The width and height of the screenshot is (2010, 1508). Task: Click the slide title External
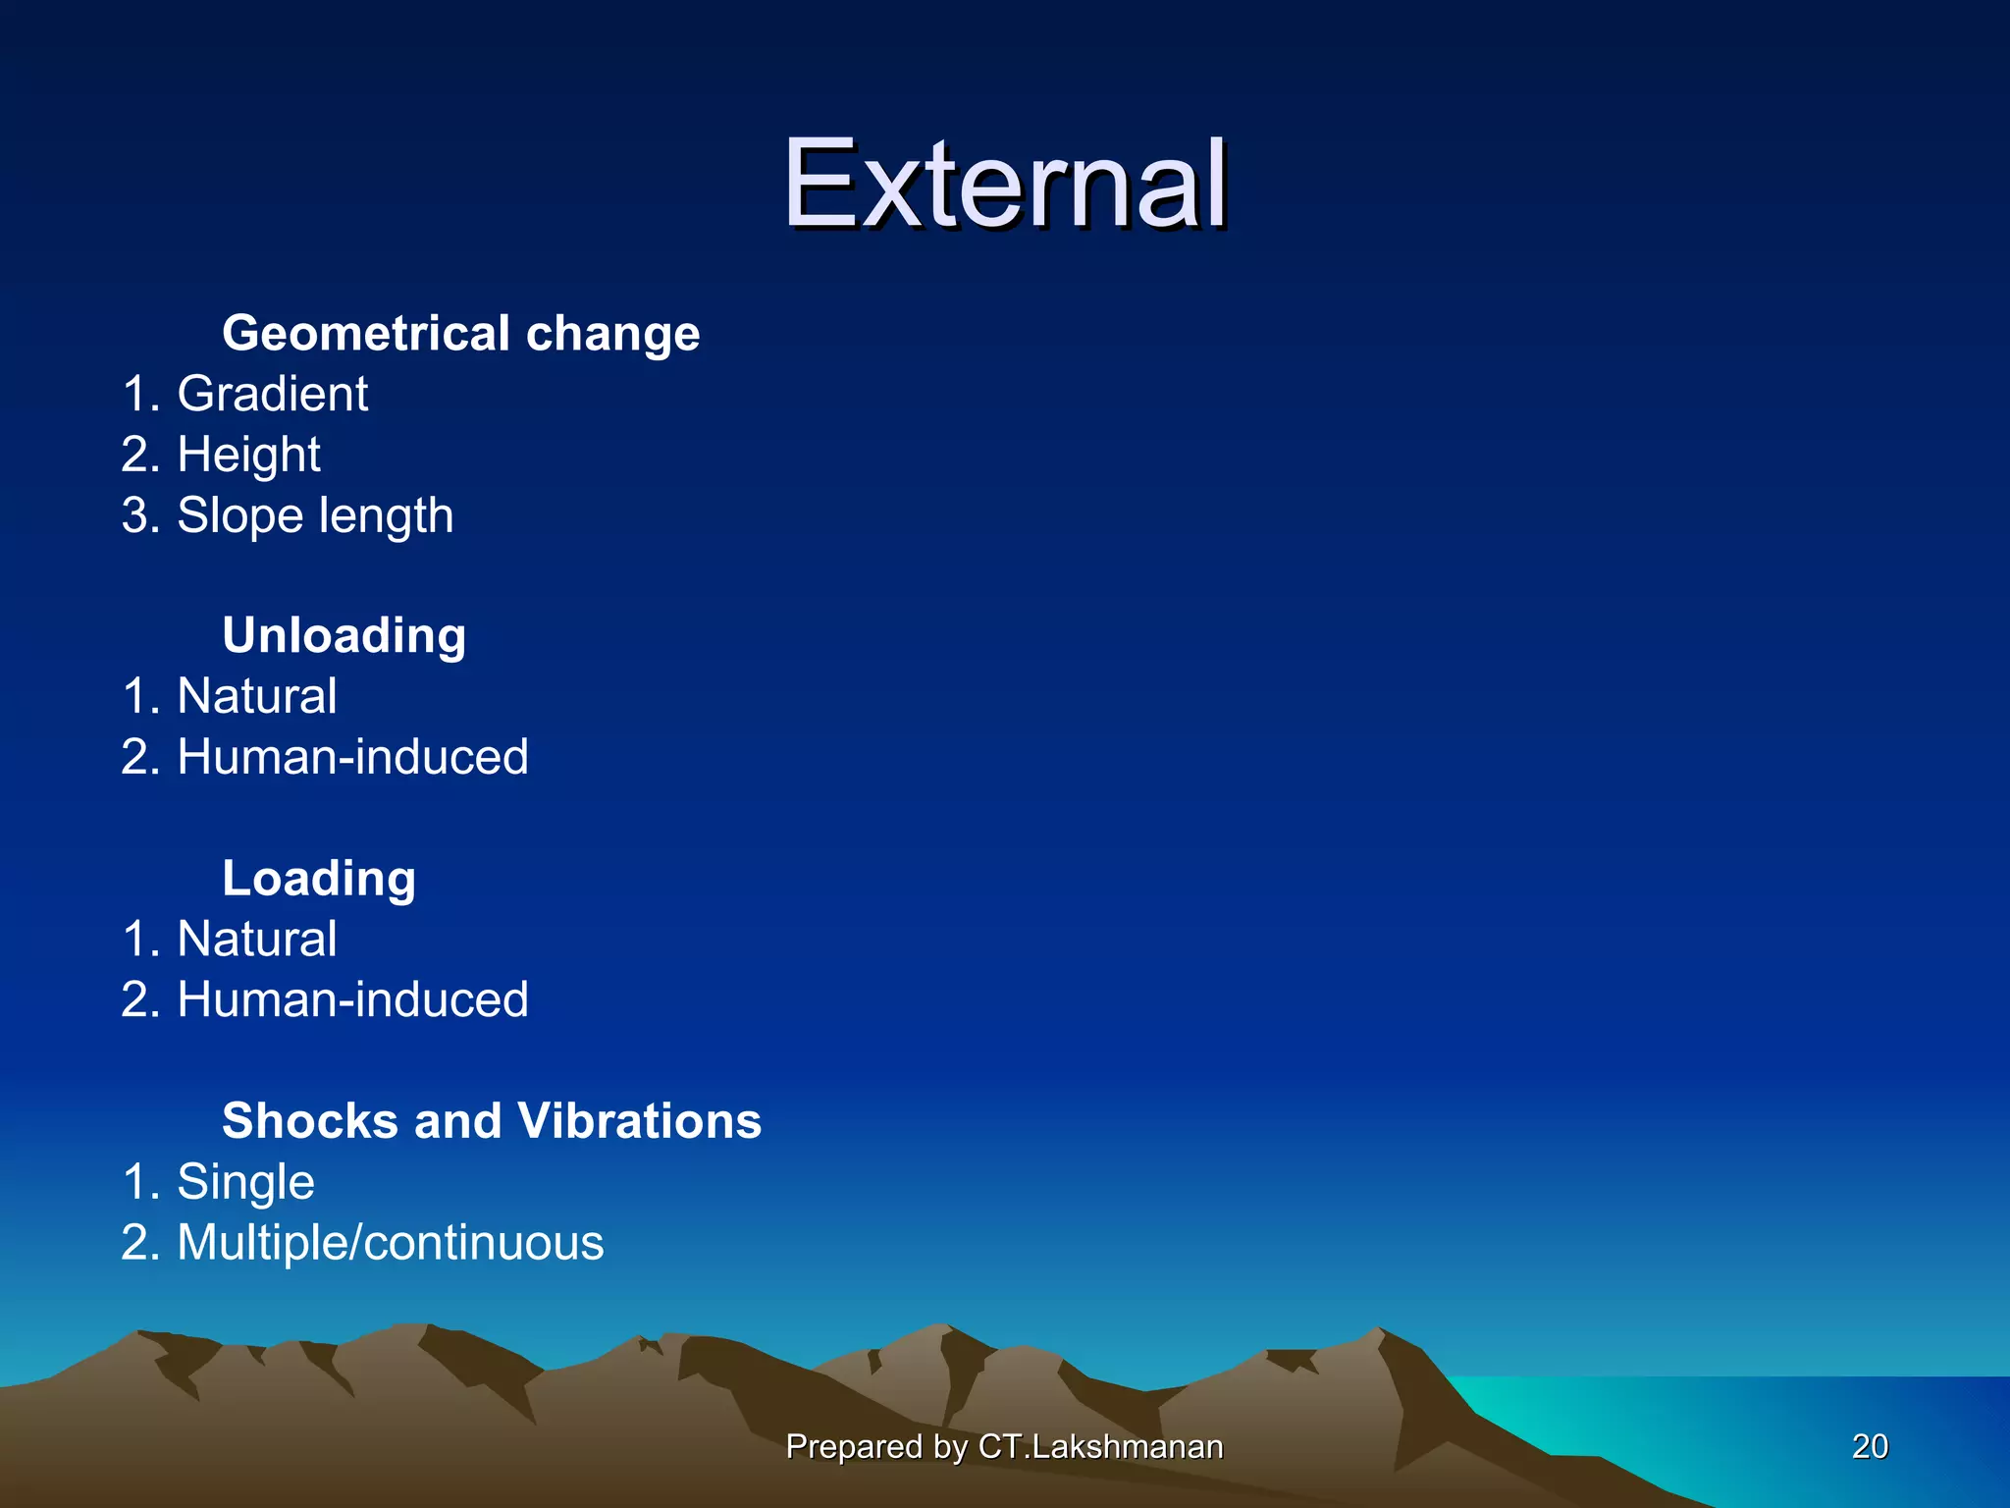(1004, 185)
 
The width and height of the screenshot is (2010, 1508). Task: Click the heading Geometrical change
(460, 333)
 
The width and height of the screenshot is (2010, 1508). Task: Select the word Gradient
(272, 395)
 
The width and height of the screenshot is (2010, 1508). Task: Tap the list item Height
(248, 456)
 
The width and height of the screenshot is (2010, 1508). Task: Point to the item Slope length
(314, 516)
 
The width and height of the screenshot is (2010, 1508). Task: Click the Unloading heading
(344, 635)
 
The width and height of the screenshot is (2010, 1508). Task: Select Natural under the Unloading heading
(256, 697)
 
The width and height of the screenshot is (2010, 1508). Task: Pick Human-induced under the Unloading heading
(352, 757)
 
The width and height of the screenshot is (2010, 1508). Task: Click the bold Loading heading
(319, 878)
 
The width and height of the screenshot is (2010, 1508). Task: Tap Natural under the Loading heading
(256, 940)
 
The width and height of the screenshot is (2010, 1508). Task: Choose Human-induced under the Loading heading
(352, 1000)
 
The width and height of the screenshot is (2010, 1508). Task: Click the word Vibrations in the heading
(639, 1121)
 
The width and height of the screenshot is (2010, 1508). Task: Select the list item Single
(245, 1182)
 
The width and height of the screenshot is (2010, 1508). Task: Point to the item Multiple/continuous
(390, 1243)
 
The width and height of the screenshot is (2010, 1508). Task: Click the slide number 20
(1870, 1446)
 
